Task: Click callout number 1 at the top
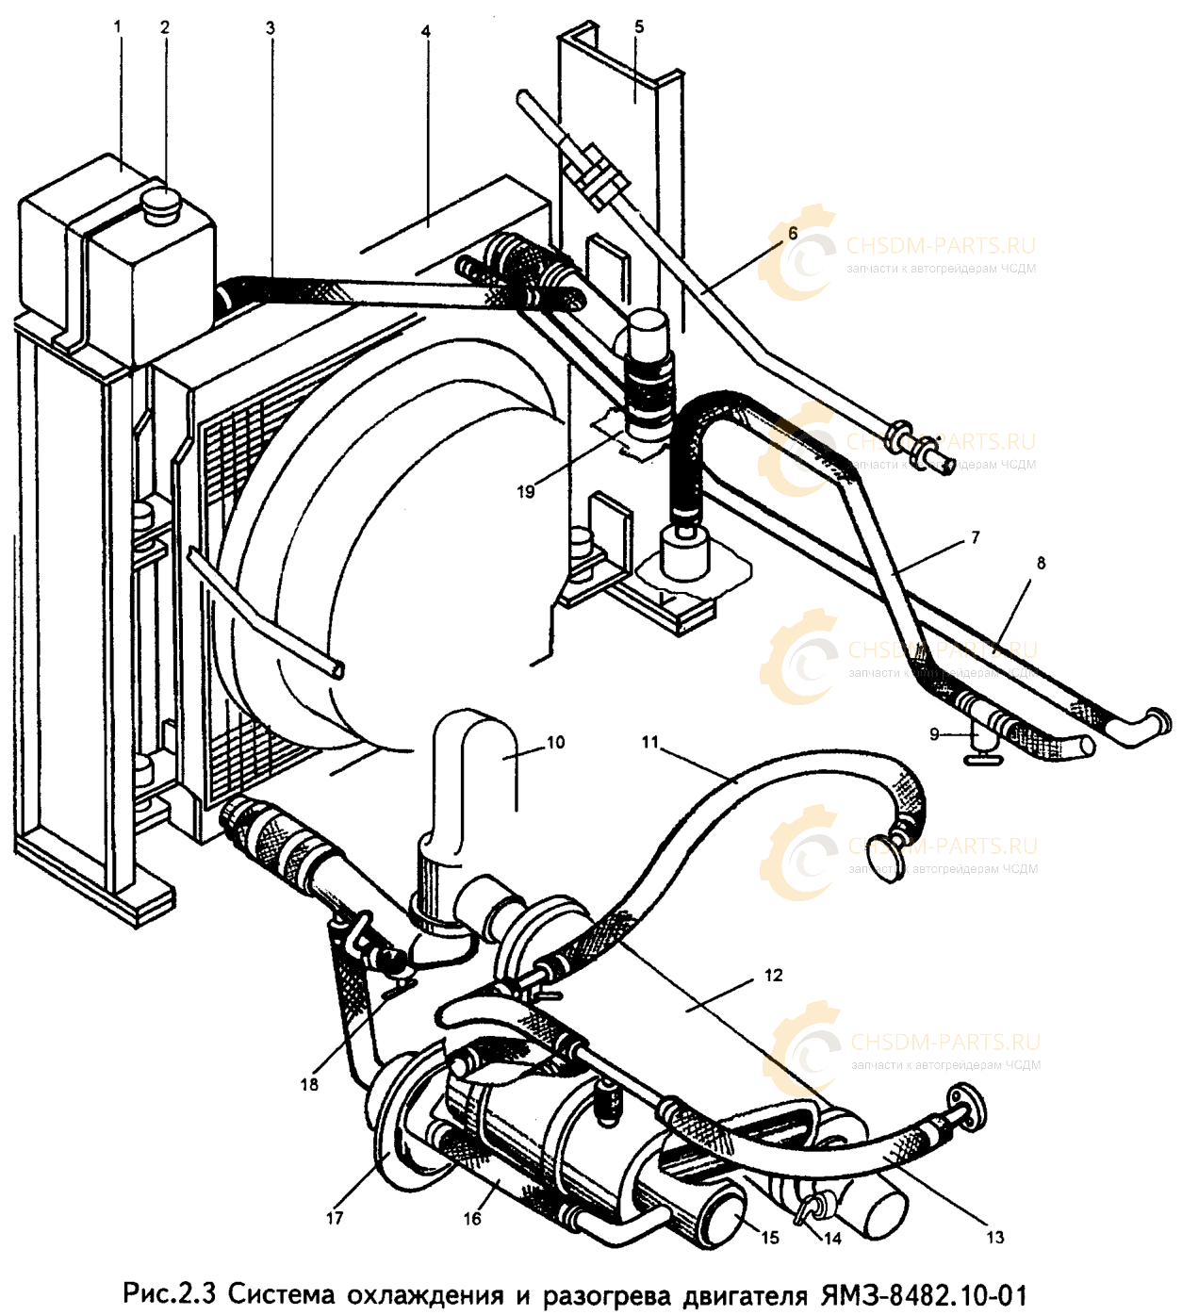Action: pos(117,27)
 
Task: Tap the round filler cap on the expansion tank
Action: pos(160,204)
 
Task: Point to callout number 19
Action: pos(526,491)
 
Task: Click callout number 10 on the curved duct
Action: pos(555,743)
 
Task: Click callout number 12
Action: pos(774,975)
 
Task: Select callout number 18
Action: pos(309,1085)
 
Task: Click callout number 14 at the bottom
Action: pos(832,1239)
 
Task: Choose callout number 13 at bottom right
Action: pos(994,1238)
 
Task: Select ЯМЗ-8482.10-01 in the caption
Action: pos(923,1294)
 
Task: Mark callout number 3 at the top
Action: pos(271,28)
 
